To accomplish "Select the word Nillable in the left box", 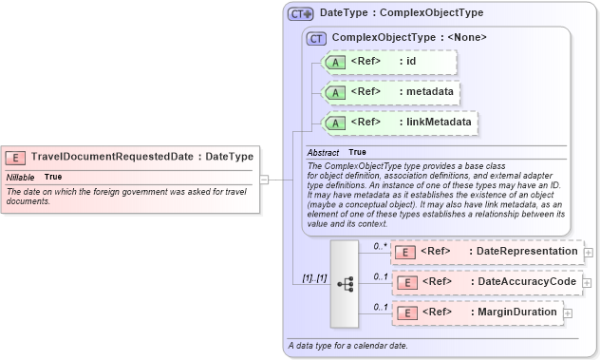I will click(21, 177).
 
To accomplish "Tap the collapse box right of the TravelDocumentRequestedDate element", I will click(265, 178).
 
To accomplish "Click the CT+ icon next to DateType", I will click(301, 14).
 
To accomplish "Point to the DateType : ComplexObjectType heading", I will click(401, 13).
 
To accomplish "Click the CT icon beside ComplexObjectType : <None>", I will click(315, 38).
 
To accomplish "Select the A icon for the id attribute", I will click(334, 63).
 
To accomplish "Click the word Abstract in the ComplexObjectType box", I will click(323, 152).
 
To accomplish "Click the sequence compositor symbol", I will click(345, 282).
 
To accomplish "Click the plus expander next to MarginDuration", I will click(568, 313).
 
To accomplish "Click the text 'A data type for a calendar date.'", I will click(347, 345).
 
